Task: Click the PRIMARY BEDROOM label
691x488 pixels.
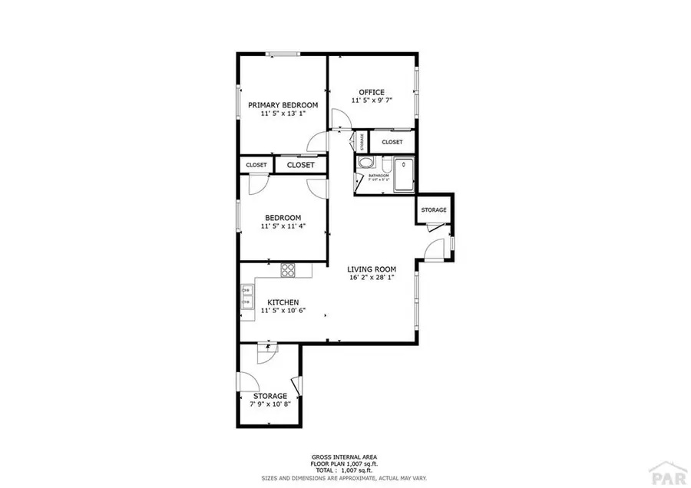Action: pyautogui.click(x=283, y=105)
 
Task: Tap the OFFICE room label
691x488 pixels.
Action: pyautogui.click(x=367, y=93)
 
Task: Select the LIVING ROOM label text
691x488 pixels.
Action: pyautogui.click(x=371, y=269)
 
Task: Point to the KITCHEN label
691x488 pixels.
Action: pyautogui.click(x=283, y=302)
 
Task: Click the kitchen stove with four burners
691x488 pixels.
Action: pyautogui.click(x=289, y=269)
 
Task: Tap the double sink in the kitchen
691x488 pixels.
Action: pyautogui.click(x=247, y=296)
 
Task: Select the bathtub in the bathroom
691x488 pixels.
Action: pyautogui.click(x=402, y=173)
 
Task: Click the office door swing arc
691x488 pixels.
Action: pyautogui.click(x=340, y=119)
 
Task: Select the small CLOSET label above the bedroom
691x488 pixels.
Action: pyautogui.click(x=256, y=165)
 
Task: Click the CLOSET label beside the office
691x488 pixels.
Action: pyautogui.click(x=392, y=142)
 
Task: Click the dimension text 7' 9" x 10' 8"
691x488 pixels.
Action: pyautogui.click(x=270, y=404)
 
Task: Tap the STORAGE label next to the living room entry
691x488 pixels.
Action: pyautogui.click(x=433, y=209)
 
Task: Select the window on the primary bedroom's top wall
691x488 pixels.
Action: pyautogui.click(x=282, y=54)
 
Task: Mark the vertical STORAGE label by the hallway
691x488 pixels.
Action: pyautogui.click(x=362, y=141)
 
